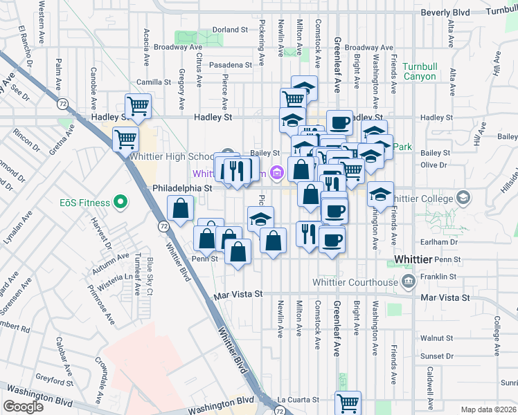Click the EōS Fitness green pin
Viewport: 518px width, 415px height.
(120, 203)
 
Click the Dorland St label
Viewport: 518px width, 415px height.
(230, 30)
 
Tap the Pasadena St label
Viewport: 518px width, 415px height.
(231, 65)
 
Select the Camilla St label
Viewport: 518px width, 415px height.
(154, 82)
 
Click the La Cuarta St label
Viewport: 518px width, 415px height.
(298, 400)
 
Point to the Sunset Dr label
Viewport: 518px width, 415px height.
(440, 356)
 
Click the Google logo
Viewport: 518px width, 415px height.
(23, 407)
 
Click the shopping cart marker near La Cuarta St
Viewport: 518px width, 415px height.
(348, 403)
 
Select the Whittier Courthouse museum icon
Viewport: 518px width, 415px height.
(409, 282)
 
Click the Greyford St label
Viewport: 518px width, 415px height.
(56, 381)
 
